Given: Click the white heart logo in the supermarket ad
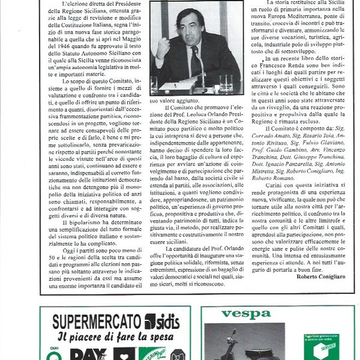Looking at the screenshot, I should tap(125, 354).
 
